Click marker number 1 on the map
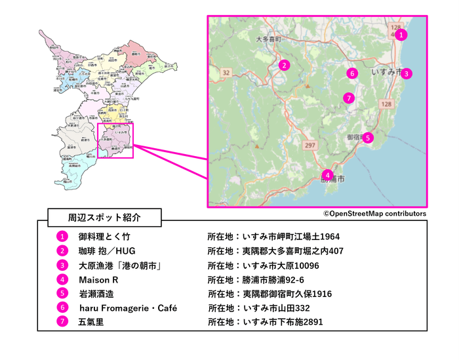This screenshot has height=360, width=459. pos(402,35)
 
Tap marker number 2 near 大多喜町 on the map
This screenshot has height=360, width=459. pos(284,65)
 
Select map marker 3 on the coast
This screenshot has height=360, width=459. pos(407,73)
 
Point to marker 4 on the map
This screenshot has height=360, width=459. pos(327,175)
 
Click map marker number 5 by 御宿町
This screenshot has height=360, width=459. pos(368,138)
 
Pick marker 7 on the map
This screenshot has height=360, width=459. pos(349,98)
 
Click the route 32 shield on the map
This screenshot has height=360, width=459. pos(227,72)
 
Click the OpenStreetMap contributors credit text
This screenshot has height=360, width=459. pos(374,214)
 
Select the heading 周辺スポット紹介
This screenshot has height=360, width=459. pos(105,216)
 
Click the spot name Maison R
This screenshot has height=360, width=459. pos(98,279)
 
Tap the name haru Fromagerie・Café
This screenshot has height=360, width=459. pos(127,308)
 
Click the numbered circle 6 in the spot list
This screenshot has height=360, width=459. pos(62,308)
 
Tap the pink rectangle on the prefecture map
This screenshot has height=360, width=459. pos(115,140)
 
